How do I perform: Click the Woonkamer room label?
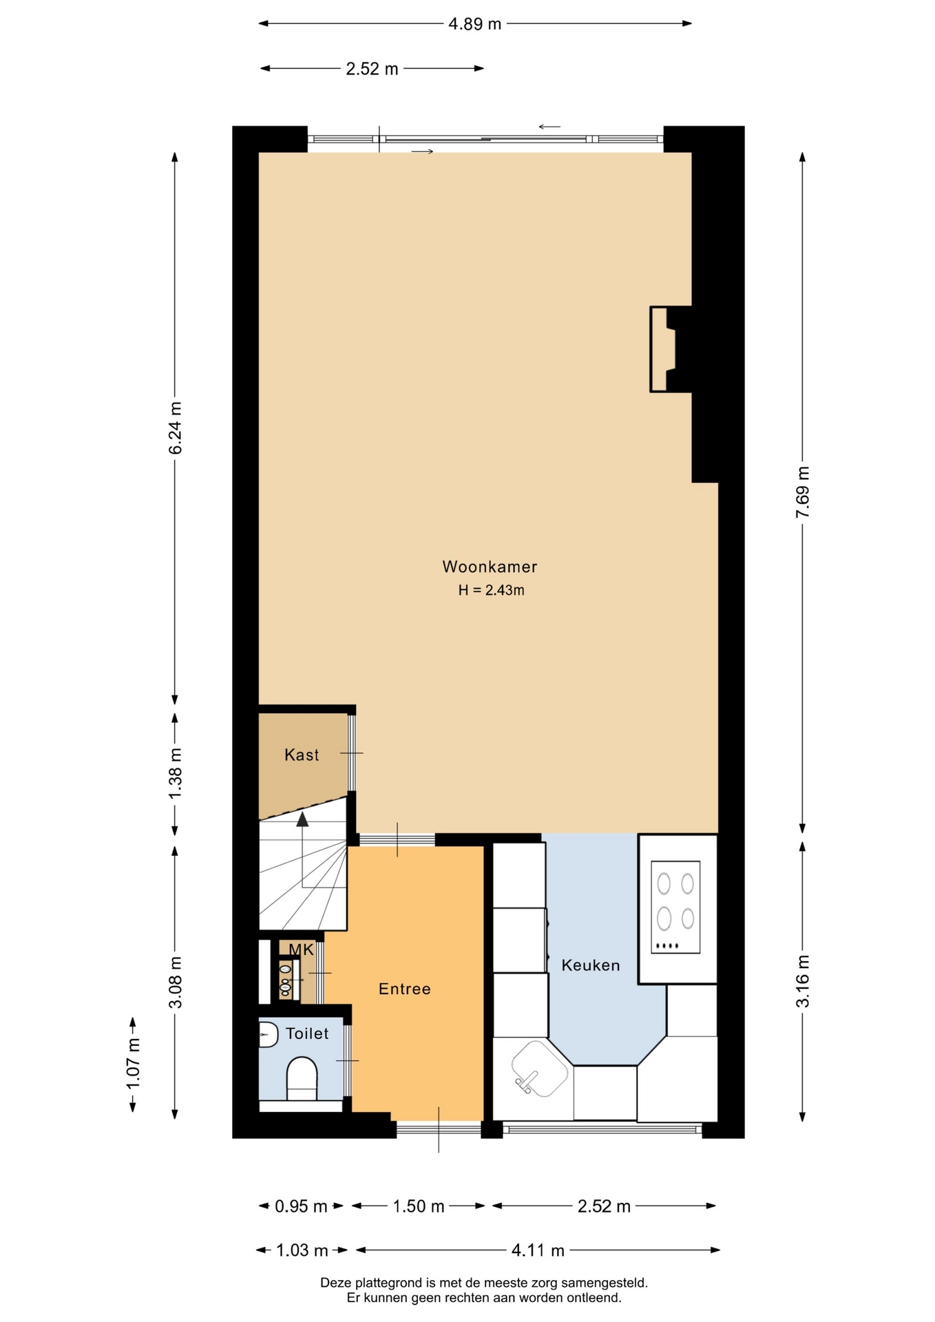(490, 567)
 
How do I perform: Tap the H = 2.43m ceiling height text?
(492, 590)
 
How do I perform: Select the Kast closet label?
(302, 755)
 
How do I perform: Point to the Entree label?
(405, 989)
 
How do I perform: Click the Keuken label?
(591, 965)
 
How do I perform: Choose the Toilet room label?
(307, 1034)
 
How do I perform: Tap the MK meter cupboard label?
(302, 950)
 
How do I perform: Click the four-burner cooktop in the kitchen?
(675, 907)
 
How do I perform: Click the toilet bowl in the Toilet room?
(302, 1078)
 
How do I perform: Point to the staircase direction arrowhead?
(302, 819)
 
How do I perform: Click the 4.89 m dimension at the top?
(475, 24)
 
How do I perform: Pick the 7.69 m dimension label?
(803, 492)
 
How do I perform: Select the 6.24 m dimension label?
(176, 428)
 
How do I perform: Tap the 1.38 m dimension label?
(176, 774)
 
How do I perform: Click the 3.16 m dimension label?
(803, 981)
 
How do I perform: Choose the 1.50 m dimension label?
(419, 1206)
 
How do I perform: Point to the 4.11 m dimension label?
(538, 1250)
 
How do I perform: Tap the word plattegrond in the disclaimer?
(387, 1283)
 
